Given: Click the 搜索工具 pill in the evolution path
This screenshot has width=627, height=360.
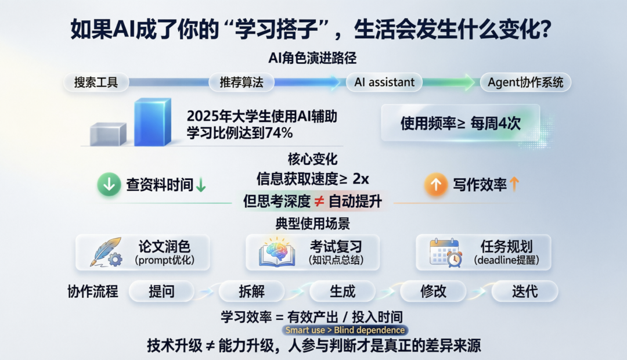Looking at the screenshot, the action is pos(96,82).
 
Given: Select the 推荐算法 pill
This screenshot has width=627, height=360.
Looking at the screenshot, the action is pos(242,82).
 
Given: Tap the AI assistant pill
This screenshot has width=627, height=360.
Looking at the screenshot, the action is pos(384,82).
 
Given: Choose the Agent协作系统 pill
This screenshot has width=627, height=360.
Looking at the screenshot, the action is pos(525,82).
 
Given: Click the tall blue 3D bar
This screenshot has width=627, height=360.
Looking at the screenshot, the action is pos(152,122).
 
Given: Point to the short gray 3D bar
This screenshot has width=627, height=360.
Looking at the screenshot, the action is pos(108,134).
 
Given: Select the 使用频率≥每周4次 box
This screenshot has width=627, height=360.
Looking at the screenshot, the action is pos(460,123).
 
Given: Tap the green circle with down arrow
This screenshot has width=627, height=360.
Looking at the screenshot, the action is pos(109,185).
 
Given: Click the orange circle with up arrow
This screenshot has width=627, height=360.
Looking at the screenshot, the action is pos(436,185).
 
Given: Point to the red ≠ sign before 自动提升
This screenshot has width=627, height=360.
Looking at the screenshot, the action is pos(319,201).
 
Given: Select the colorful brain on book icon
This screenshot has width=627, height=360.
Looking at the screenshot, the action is pos(277,252).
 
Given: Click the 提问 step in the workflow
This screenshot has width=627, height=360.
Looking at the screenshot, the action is pos(161,291).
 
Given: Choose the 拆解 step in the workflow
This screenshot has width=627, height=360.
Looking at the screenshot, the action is pos(251,291).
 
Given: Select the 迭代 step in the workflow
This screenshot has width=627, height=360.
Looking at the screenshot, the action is pos(525,291).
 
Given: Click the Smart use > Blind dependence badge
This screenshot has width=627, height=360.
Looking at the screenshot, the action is pos(345,330).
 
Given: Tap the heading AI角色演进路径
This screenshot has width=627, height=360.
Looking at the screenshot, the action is pos(312,59).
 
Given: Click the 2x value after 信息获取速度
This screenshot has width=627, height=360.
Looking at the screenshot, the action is pos(361,179).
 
